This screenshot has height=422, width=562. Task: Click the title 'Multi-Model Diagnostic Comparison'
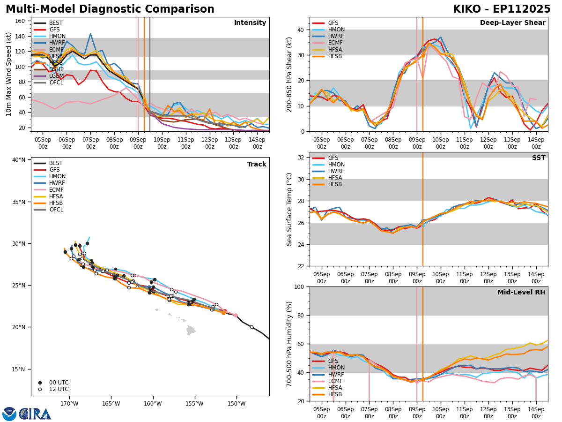click(110, 9)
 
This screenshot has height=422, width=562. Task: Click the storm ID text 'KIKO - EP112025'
click(501, 9)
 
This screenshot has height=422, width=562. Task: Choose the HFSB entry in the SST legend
click(333, 184)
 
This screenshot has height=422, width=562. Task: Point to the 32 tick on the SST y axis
click(302, 158)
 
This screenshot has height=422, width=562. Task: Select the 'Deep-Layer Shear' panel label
click(512, 23)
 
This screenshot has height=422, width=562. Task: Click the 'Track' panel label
click(257, 165)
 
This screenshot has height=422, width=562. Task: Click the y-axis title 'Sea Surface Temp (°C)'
click(289, 209)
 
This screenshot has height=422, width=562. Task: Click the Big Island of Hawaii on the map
click(190, 330)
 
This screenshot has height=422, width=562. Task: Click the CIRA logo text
click(35, 414)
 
